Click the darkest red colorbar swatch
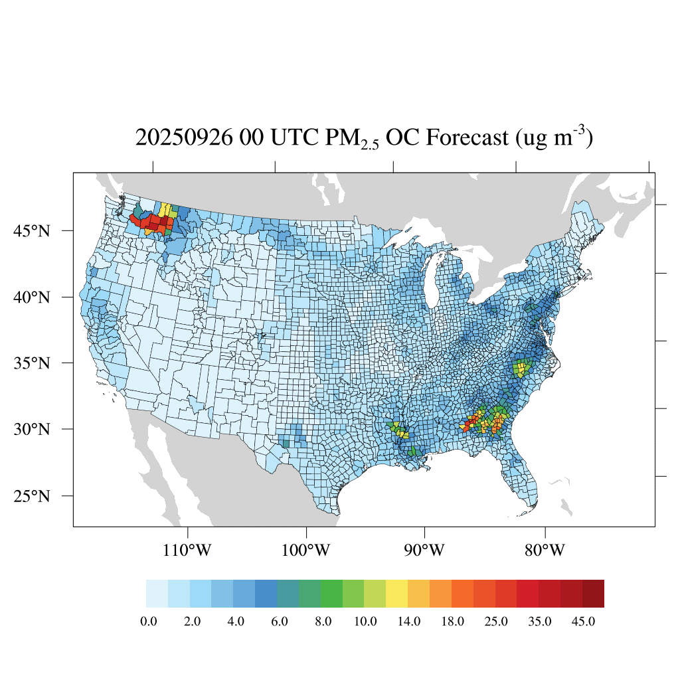click(593, 594)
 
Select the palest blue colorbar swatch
click(157, 594)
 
